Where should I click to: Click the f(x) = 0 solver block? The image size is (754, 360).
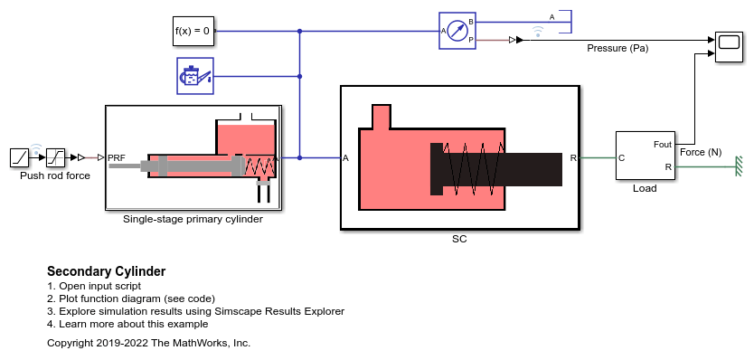[193, 32]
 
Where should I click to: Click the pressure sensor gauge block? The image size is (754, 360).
[457, 31]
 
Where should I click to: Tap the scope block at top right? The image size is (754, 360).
[728, 45]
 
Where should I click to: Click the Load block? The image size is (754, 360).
[645, 156]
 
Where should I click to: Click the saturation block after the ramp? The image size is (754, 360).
[58, 157]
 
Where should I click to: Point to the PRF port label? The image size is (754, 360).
[117, 158]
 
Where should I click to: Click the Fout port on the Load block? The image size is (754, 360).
[662, 145]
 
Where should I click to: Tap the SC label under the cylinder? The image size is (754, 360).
[459, 241]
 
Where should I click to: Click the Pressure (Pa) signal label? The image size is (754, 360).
[617, 49]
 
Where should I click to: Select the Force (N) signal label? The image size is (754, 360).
[701, 152]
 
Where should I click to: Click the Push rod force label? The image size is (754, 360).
[55, 175]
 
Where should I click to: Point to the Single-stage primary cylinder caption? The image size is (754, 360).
[193, 219]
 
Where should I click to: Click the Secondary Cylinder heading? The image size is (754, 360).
[106, 271]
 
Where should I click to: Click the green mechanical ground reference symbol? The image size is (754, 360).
[739, 166]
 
